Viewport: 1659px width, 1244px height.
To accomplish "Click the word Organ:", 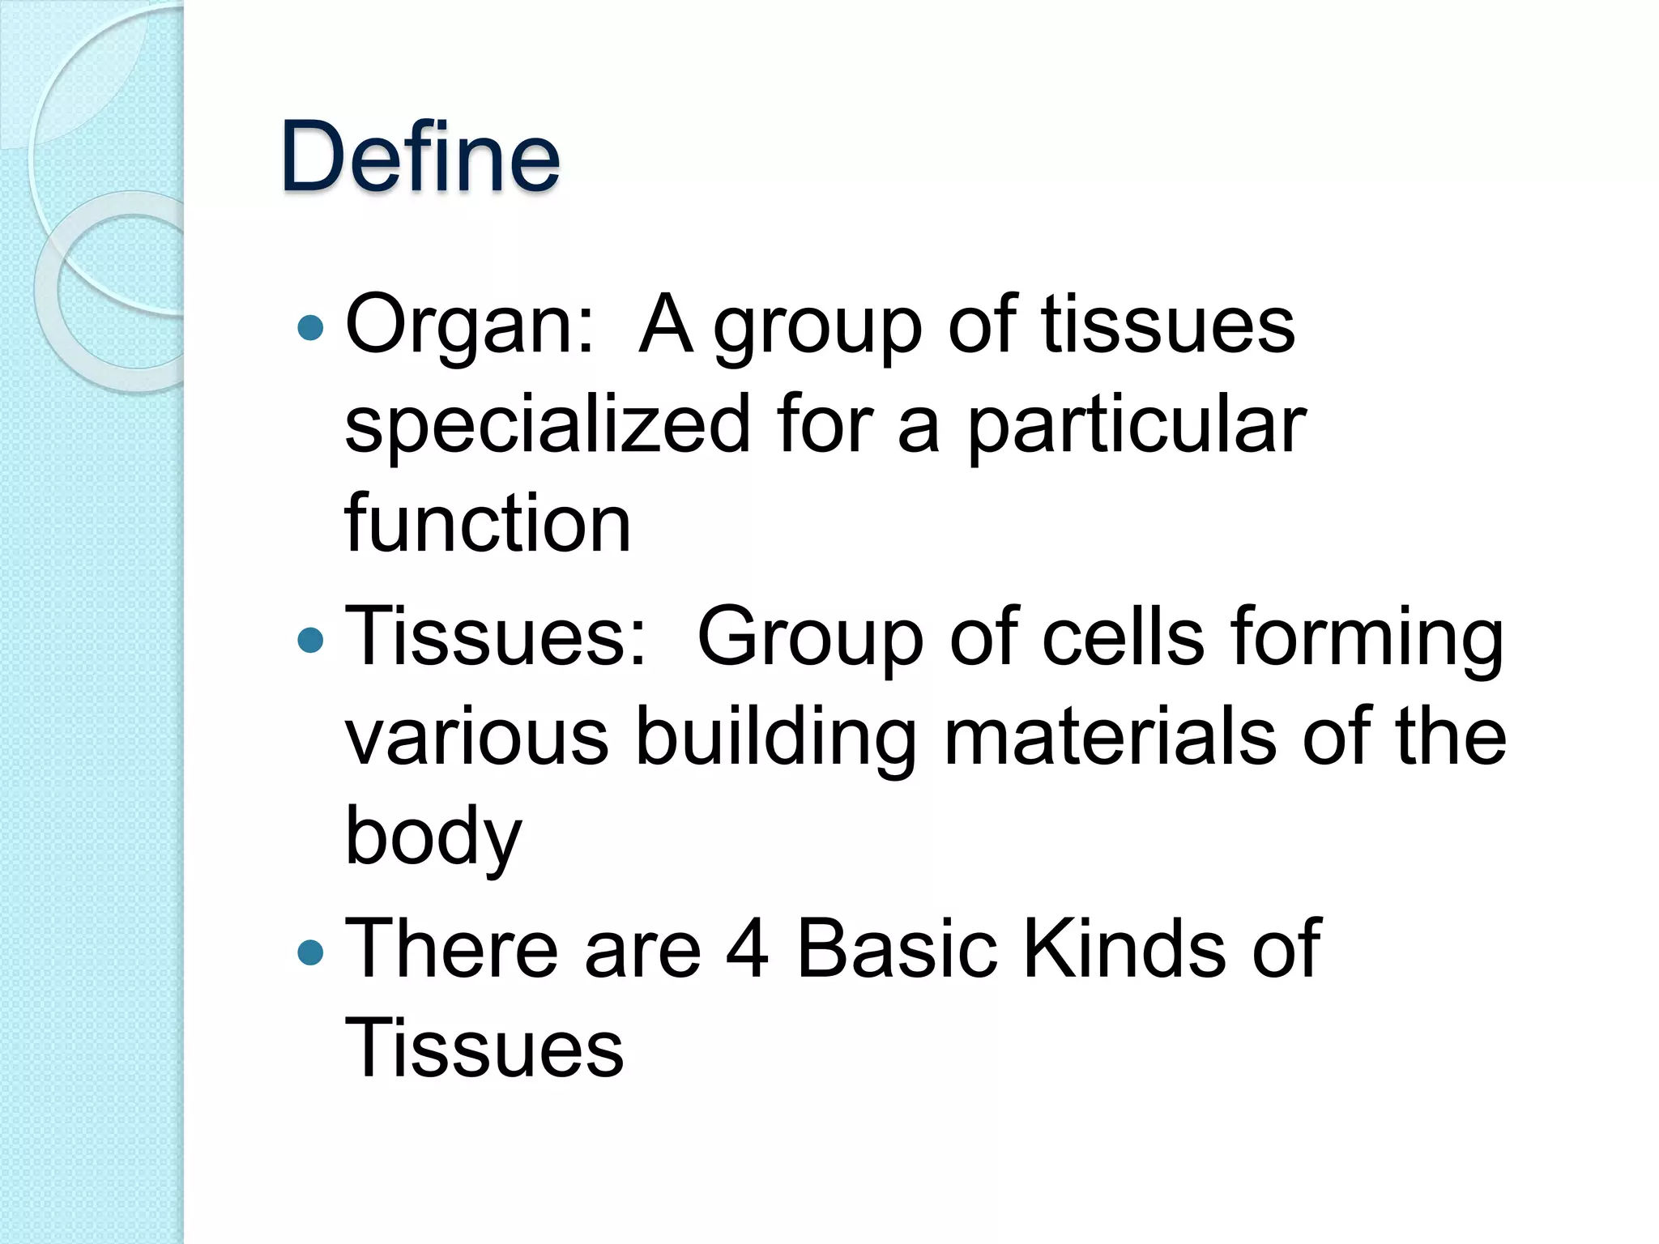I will coord(470,326).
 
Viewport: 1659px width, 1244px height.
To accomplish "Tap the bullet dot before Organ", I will coord(310,329).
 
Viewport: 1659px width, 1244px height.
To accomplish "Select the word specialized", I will coord(548,426).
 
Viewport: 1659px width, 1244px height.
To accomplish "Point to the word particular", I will coord(1137,426).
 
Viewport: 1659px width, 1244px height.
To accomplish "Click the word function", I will coord(488,523).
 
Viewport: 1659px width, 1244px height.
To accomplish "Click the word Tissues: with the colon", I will coord(497,638).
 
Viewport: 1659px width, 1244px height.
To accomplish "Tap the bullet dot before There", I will coord(310,952).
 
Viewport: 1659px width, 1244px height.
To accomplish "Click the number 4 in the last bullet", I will coord(747,949).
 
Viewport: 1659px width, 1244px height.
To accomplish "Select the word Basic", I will coord(896,949).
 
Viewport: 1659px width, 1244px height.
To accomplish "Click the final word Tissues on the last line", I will coord(484,1049).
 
